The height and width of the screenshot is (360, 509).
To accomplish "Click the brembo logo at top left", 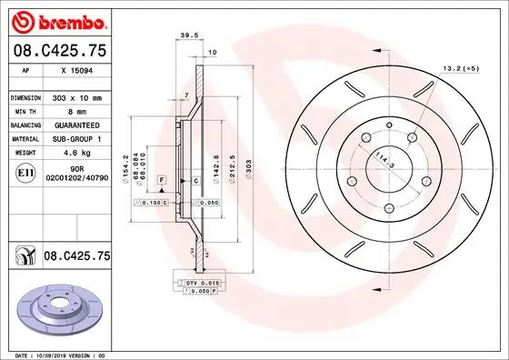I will tap(56, 20).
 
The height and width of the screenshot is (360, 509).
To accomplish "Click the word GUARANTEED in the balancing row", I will tap(77, 125).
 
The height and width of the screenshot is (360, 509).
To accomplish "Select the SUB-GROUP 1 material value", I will tap(77, 139).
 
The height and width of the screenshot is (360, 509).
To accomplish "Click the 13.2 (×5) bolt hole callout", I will tap(460, 68).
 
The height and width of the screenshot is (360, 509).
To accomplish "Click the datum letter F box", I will tap(162, 182).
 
